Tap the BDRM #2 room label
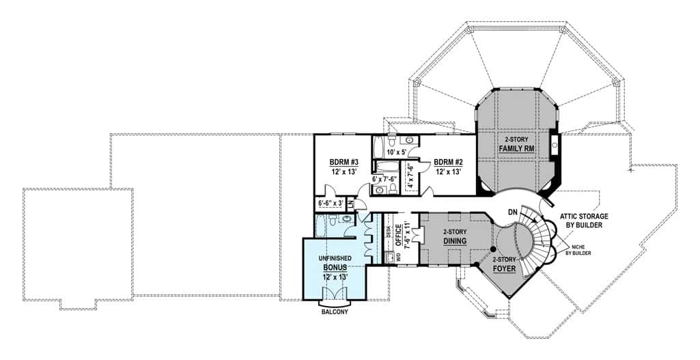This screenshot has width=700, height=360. coord(448,167)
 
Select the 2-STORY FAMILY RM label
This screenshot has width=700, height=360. coord(516,143)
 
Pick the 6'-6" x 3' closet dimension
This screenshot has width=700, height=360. coord(330,203)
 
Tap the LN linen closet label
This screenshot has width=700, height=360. coord(350,203)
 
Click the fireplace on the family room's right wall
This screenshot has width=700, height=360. coord(555,144)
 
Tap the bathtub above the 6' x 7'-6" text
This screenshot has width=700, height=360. coord(385,166)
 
